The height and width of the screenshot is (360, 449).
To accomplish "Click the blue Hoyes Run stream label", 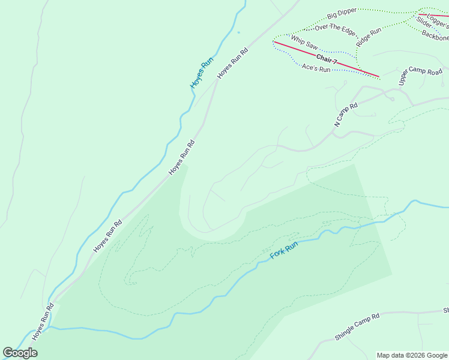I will (x=202, y=73).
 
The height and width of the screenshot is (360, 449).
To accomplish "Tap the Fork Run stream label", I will (x=284, y=250).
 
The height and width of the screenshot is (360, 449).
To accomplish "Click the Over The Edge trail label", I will (x=335, y=28).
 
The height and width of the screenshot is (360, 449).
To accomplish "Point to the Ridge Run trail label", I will (x=368, y=38).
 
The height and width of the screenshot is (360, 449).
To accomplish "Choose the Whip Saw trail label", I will (x=304, y=41).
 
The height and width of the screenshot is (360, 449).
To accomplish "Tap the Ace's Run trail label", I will (x=316, y=68).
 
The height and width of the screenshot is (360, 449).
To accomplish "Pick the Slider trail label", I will (x=424, y=23).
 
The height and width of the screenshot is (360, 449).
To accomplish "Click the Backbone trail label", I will (x=435, y=36).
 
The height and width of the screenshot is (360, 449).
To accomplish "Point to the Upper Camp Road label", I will (x=420, y=75).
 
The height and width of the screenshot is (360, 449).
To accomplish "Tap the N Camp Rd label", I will (x=346, y=115).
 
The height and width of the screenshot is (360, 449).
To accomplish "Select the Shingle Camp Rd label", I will (x=358, y=327).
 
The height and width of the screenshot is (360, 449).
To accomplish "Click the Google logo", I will (x=20, y=353).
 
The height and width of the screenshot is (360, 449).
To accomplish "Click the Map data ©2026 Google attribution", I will (x=412, y=355).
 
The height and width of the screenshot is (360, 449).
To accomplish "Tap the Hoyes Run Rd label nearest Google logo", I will (x=43, y=322).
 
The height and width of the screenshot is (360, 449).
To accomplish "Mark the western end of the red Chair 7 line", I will (x=274, y=42).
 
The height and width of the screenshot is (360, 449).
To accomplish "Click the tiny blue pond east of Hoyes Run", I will (x=238, y=32).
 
